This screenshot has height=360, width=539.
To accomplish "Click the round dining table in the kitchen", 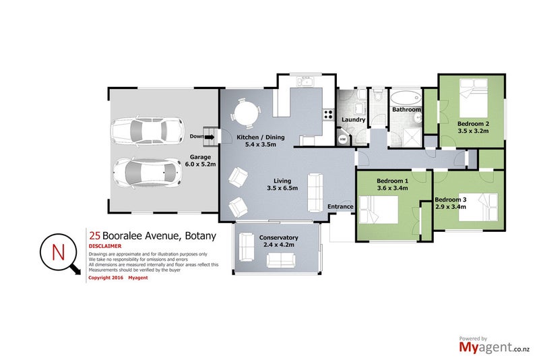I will [245, 112].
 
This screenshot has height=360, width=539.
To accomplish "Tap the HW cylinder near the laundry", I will [342, 139].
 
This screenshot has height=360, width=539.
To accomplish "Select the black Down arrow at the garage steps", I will [209, 137].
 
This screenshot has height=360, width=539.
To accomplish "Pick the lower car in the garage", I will [147, 172].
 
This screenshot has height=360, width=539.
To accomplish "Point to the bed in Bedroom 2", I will [473, 97].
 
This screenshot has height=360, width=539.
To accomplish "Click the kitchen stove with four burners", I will [329, 114].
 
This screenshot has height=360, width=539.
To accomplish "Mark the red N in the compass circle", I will [59, 253].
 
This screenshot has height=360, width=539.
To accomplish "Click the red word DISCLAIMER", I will [104, 246].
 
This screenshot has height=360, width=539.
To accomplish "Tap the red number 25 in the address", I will [95, 235].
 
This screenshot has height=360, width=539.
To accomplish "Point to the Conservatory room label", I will [278, 237].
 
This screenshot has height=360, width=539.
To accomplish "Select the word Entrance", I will [340, 206].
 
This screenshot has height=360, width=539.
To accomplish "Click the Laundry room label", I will [354, 120].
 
